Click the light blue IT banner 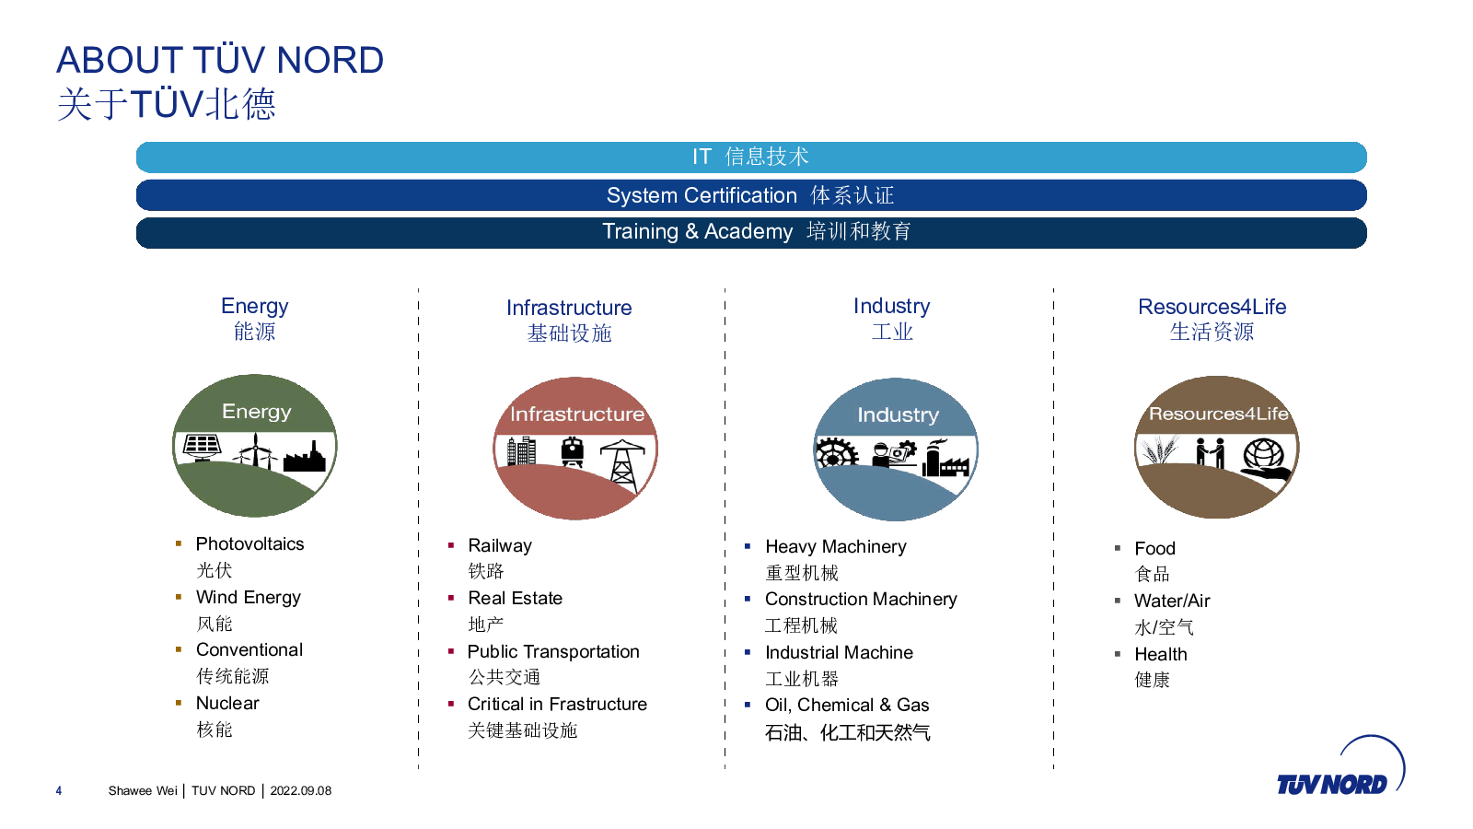751,158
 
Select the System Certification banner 751,195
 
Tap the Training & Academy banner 751,233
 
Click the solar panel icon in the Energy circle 202,448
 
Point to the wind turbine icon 256,450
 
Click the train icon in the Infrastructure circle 572,452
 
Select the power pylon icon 621,465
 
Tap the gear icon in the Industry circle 837,452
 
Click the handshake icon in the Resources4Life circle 1210,452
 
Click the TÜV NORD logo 1340,768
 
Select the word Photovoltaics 249,544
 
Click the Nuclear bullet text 227,704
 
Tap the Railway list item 500,546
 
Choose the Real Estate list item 515,598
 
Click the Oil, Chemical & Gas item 847,706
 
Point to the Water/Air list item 1172,601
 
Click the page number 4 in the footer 59,791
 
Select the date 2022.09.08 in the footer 300,791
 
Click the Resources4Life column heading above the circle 1212,307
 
